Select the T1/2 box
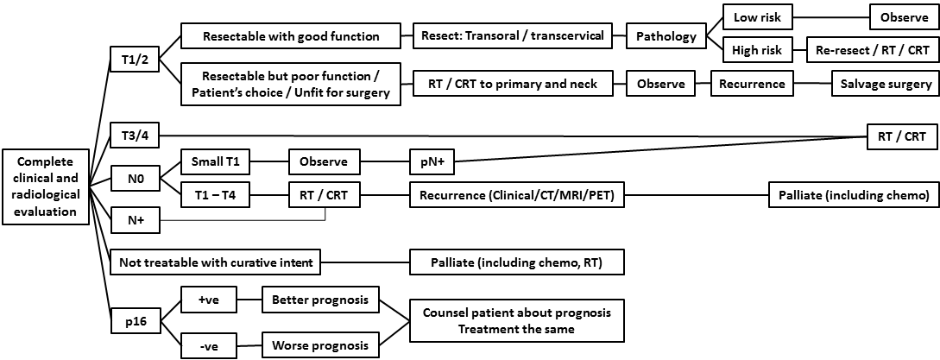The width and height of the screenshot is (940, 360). (134, 60)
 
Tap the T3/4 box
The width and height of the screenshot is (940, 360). (134, 135)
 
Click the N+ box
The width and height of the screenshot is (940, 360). (134, 220)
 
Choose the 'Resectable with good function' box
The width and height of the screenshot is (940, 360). (291, 36)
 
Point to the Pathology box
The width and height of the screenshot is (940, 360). (666, 36)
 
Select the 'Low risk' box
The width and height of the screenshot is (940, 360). (756, 17)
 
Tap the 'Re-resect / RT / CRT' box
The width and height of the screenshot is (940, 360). (872, 51)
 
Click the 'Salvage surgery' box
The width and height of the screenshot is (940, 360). (885, 84)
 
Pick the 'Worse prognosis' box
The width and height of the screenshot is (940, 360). (320, 346)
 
